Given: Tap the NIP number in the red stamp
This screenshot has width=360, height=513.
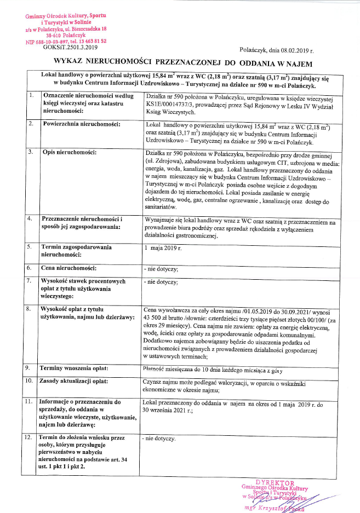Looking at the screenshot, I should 56,41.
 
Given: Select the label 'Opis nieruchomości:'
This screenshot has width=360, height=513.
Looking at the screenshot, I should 69,151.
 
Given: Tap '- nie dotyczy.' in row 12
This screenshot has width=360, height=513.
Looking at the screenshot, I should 159,439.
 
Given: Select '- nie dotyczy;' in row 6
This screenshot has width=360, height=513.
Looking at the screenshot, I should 161,268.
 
